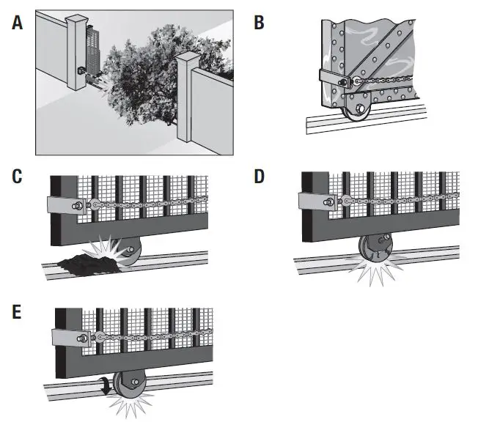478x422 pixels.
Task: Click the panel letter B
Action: [x=259, y=22]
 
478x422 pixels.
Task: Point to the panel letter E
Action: [x=17, y=313]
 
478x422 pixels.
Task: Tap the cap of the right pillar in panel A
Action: [x=189, y=59]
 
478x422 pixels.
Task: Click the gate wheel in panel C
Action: [x=129, y=252]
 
